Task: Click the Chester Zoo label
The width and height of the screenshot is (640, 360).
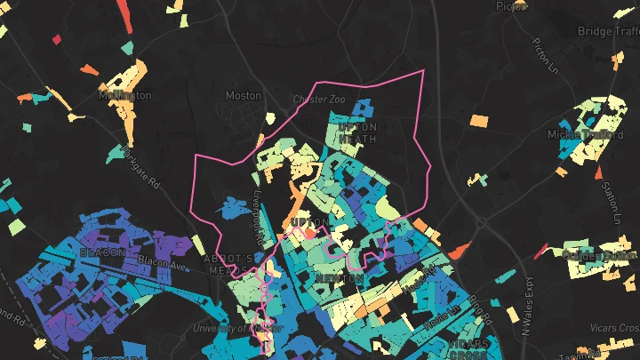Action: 318,100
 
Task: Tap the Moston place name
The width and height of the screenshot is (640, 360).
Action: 244,95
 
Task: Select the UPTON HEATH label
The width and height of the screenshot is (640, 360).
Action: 358,132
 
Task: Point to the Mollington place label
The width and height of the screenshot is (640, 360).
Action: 126,95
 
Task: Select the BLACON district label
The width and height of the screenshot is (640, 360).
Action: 102,252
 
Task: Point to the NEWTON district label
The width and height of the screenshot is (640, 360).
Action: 340,279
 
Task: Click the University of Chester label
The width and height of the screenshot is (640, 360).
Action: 233,328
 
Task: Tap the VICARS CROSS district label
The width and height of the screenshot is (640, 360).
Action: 468,348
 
